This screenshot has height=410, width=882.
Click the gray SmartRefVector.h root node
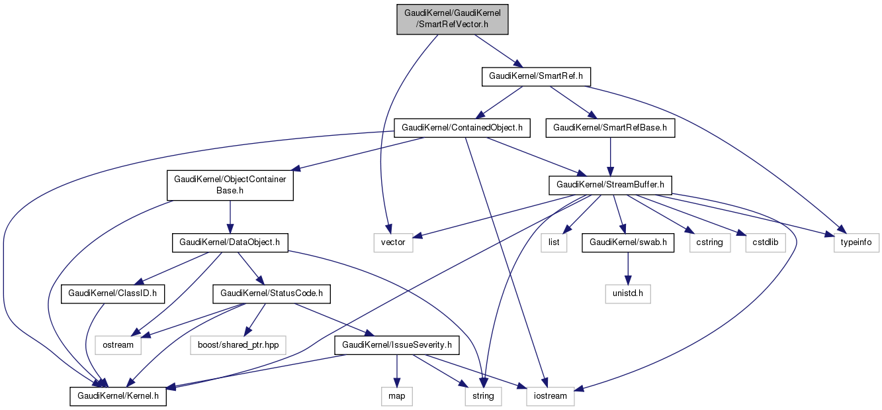tap(452, 19)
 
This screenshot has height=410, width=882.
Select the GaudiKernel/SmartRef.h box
tap(535, 76)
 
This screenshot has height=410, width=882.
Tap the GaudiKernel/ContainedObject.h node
tap(463, 127)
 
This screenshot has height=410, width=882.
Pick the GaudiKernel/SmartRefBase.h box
tap(610, 127)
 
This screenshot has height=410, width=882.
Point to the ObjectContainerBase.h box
tap(230, 185)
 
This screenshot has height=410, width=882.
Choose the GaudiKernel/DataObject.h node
tap(230, 243)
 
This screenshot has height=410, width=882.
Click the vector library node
tap(392, 243)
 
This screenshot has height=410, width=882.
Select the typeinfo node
tap(857, 243)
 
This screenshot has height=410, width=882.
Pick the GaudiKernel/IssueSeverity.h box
tap(396, 345)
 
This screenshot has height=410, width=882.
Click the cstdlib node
tap(766, 243)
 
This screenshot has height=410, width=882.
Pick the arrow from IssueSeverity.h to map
tap(396, 370)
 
